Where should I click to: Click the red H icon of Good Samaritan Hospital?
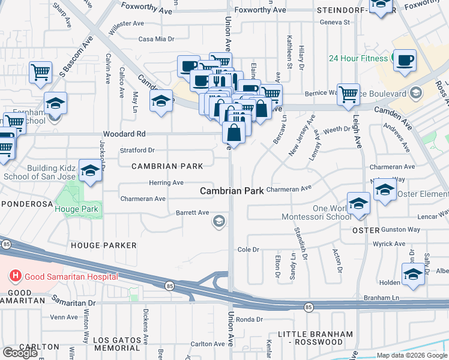click(x=16, y=276)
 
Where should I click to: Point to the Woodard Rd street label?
click(x=124, y=134)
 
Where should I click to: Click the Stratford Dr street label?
click(x=137, y=150)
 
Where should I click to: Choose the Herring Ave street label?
click(x=166, y=182)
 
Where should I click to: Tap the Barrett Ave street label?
click(x=192, y=212)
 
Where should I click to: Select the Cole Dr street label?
click(x=248, y=249)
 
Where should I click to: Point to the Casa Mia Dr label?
click(x=156, y=39)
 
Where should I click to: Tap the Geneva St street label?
click(x=335, y=22)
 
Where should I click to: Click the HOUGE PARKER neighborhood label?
click(x=103, y=245)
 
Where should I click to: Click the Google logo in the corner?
click(x=20, y=353)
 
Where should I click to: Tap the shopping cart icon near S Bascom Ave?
click(x=40, y=73)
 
